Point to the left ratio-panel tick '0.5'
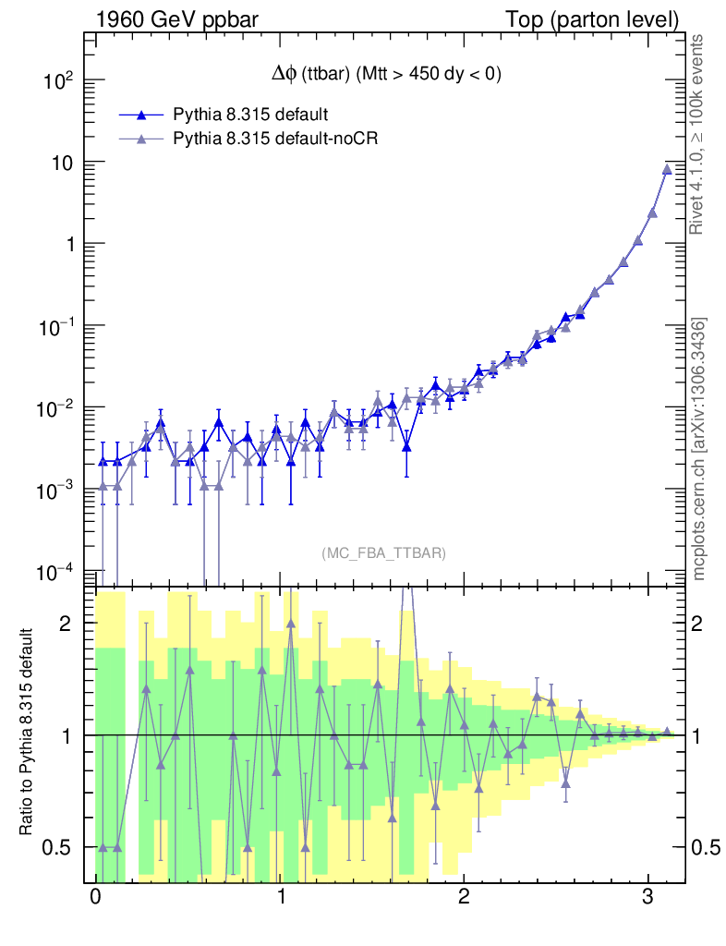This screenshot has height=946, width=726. tap(61, 847)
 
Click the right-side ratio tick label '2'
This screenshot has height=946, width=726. tap(705, 624)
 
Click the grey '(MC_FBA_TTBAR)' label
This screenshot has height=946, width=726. tap(383, 553)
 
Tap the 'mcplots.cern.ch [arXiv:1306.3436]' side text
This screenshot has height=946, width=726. tap(699, 449)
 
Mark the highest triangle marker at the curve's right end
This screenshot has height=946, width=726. tap(667, 169)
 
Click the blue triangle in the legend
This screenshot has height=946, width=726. tap(141, 115)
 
